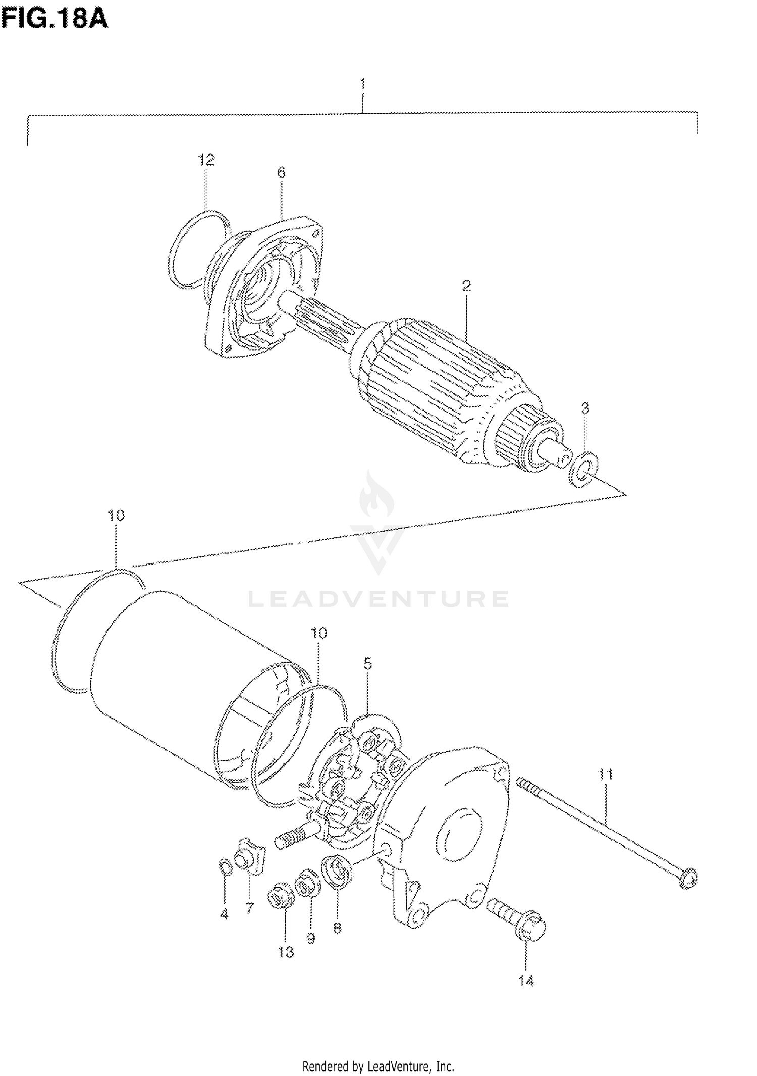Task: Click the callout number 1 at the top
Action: click(x=363, y=83)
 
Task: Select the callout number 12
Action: click(x=206, y=160)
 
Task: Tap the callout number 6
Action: click(x=281, y=173)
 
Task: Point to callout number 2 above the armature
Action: click(x=466, y=286)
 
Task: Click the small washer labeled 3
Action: click(x=583, y=470)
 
